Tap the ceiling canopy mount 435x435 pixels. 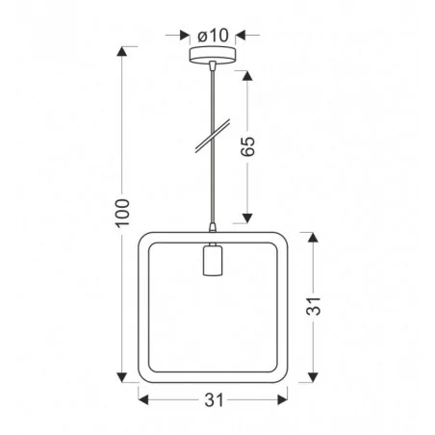(211, 59)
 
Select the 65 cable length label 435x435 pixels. (248, 145)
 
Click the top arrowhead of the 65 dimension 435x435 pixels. (248, 74)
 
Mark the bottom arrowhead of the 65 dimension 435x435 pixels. (248, 217)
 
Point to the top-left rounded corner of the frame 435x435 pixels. (146, 238)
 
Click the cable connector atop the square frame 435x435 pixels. (211, 227)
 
